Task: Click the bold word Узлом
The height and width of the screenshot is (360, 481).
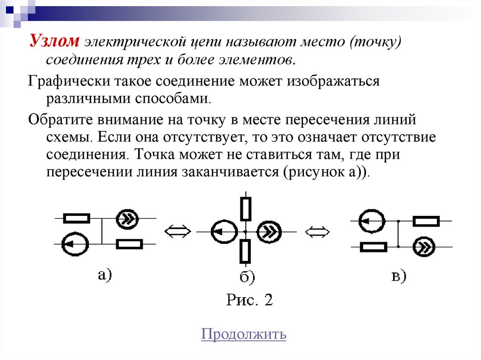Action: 55,42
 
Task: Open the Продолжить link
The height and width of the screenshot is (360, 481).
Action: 243,334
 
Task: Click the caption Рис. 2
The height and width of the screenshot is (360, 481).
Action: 249,299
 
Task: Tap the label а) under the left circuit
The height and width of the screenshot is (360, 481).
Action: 104,274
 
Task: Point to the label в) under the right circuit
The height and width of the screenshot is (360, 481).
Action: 399,277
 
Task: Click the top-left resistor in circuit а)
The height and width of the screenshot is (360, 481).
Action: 76,218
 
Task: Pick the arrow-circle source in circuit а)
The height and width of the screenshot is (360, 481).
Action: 75,244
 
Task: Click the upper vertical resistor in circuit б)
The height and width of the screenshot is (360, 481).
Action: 246,209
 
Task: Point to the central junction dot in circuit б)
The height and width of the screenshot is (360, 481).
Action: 246,231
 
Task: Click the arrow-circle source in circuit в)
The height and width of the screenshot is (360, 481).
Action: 372,221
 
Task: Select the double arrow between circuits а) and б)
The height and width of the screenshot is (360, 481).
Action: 178,231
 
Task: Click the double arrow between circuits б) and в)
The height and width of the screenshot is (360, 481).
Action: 318,231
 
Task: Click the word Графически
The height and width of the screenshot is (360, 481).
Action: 67,81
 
